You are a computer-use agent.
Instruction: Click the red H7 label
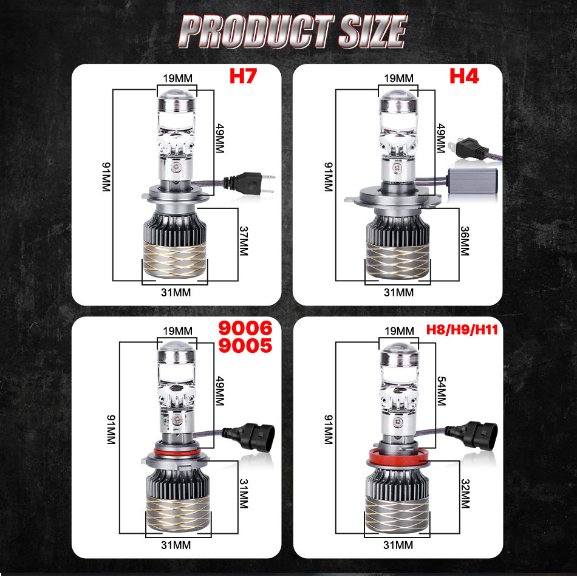[x=243, y=76]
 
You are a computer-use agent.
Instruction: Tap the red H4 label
[x=464, y=76]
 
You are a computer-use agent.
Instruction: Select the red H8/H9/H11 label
[x=462, y=329]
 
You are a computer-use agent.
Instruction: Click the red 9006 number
[x=245, y=328]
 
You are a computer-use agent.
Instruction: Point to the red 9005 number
[x=245, y=346]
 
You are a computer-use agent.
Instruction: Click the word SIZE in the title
[x=373, y=32]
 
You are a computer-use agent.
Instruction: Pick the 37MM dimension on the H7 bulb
[x=243, y=241]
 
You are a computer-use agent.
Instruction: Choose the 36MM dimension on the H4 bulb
[x=465, y=241]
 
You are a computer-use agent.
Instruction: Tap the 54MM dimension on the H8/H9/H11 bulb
[x=441, y=391]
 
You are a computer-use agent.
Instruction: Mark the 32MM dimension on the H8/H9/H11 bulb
[x=465, y=493]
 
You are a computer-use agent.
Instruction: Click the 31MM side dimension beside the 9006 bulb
[x=243, y=493]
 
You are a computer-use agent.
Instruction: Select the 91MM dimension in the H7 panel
[x=106, y=177]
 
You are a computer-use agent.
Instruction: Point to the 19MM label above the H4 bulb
[x=398, y=78]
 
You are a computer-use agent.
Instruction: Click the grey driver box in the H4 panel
[x=473, y=180]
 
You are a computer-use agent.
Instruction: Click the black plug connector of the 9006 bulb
[x=248, y=437]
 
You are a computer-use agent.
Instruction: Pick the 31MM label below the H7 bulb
[x=176, y=293]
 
